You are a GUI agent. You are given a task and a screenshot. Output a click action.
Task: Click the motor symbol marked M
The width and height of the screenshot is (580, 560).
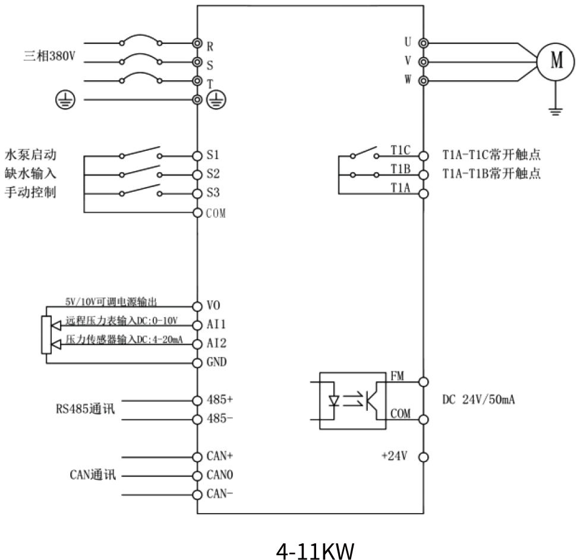pyautogui.click(x=555, y=61)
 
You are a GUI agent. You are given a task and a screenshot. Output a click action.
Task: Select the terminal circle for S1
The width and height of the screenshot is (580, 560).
pyautogui.click(x=198, y=156)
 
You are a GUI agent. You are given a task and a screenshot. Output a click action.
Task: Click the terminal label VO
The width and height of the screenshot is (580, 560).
pyautogui.click(x=214, y=306)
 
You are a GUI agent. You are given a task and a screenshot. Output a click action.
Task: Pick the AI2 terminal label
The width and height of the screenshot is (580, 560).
pyautogui.click(x=216, y=343)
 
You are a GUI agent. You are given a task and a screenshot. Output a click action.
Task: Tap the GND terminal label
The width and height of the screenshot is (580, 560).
pyautogui.click(x=216, y=362)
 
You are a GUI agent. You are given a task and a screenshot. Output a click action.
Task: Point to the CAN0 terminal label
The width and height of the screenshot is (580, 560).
pyautogui.click(x=218, y=476)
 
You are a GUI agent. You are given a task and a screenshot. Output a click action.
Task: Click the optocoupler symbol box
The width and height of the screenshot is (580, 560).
pyautogui.click(x=352, y=400)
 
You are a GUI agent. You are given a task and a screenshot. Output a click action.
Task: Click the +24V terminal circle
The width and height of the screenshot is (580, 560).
pyautogui.click(x=424, y=457)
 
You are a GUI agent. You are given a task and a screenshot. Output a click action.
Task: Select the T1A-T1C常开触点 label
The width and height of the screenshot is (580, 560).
pyautogui.click(x=491, y=156)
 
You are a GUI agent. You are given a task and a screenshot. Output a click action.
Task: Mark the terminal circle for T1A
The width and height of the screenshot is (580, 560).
pyautogui.click(x=424, y=193)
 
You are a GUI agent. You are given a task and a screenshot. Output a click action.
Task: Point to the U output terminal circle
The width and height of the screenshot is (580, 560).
pyautogui.click(x=424, y=43)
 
